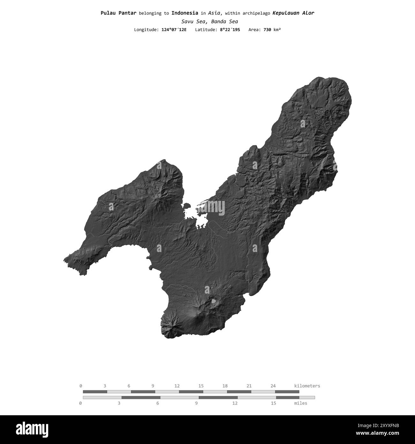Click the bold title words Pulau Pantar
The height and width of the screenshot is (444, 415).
click(118, 13)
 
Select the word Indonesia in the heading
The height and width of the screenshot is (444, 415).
click(185, 13)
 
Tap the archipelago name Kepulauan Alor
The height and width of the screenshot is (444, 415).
click(293, 13)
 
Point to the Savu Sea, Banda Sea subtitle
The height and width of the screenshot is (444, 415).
click(209, 22)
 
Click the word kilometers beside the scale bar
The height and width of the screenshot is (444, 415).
click(307, 386)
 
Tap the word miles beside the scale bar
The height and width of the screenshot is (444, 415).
click(300, 403)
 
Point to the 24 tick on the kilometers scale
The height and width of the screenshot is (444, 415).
click(273, 386)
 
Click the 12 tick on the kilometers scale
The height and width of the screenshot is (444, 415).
click(177, 386)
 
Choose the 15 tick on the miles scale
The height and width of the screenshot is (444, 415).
click(273, 403)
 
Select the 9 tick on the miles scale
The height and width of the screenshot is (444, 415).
click(196, 403)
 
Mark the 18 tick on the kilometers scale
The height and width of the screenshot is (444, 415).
click(225, 386)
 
